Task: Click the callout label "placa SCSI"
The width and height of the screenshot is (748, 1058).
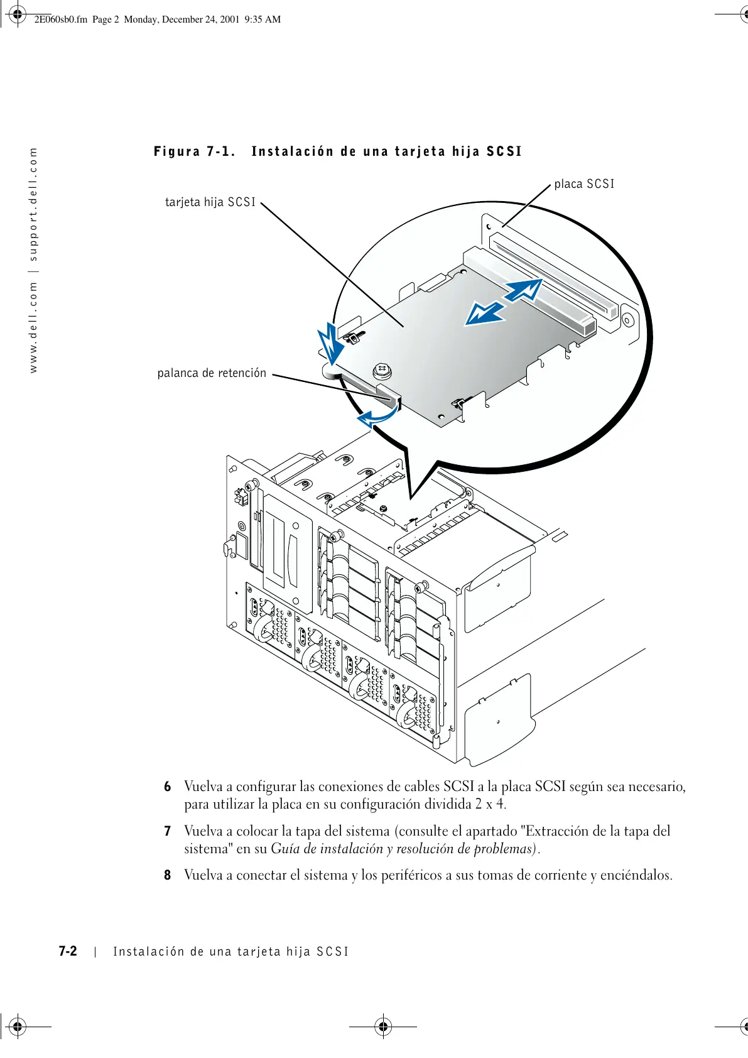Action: click(584, 184)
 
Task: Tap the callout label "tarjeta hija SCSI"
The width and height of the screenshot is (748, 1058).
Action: click(210, 202)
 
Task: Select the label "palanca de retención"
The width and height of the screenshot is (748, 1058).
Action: click(212, 373)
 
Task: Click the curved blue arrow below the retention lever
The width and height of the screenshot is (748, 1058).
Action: click(377, 415)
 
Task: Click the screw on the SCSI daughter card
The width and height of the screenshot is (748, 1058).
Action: click(382, 370)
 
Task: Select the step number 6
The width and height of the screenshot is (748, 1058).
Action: click(168, 787)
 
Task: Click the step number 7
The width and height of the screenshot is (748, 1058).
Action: click(168, 831)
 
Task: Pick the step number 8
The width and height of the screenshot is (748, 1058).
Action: click(168, 875)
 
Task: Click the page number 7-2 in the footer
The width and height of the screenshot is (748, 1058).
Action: click(68, 951)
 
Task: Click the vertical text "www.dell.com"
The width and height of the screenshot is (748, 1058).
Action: click(33, 327)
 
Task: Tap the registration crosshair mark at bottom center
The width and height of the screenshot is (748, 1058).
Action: click(383, 1027)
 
